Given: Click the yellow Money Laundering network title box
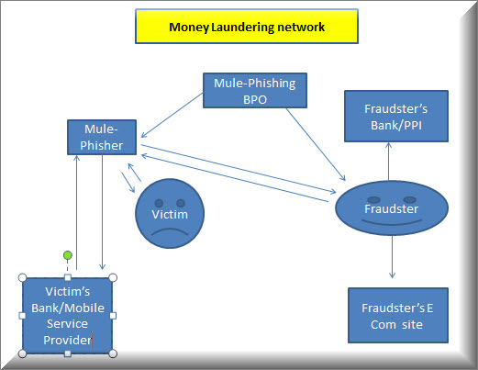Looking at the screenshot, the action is pyautogui.click(x=247, y=27).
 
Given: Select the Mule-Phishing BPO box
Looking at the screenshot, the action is pyautogui.click(x=255, y=90).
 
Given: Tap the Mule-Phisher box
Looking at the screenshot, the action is pyautogui.click(x=102, y=137).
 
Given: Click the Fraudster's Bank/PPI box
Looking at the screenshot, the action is pyautogui.click(x=396, y=116).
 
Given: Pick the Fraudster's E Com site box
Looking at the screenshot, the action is pyautogui.click(x=398, y=315).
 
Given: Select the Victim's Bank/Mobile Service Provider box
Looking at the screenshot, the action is pyautogui.click(x=68, y=316).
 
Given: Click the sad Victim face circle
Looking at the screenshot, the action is pyautogui.click(x=170, y=213).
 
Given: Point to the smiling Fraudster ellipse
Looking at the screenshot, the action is pyautogui.click(x=392, y=208).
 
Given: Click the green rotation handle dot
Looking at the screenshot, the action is pyautogui.click(x=68, y=255).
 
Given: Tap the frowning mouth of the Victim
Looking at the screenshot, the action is pyautogui.click(x=170, y=231).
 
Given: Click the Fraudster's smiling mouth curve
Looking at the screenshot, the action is pyautogui.click(x=392, y=222).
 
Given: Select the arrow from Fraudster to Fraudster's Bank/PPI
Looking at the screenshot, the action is pyautogui.click(x=388, y=161).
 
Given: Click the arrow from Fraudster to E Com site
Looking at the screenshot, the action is pyautogui.click(x=392, y=257).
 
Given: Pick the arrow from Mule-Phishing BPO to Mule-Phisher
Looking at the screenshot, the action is pyautogui.click(x=172, y=116).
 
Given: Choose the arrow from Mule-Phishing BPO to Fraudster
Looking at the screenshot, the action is pyautogui.click(x=316, y=144).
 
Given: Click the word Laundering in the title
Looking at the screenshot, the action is pyautogui.click(x=243, y=27).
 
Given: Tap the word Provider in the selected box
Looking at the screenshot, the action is pyautogui.click(x=67, y=340).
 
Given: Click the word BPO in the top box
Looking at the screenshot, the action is pyautogui.click(x=255, y=99).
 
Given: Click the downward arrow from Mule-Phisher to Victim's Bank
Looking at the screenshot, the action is pyautogui.click(x=103, y=212).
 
